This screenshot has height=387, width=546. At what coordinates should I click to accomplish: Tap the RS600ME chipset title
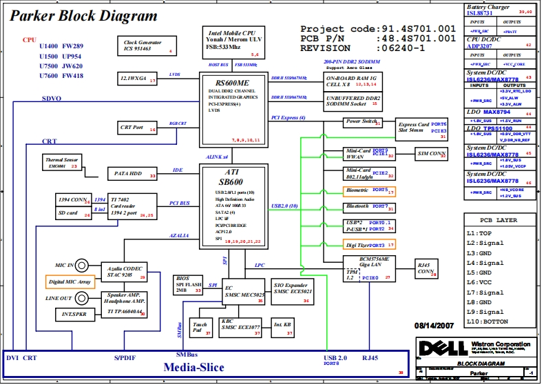tap(231, 82)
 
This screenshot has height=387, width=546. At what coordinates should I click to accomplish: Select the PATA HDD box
tap(134, 174)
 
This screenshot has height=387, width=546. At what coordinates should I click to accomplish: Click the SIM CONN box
tap(432, 154)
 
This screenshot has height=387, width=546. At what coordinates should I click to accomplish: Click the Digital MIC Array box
tap(70, 281)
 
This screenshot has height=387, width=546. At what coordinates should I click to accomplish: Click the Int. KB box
tap(282, 324)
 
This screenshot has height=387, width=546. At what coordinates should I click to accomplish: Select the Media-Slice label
tap(193, 367)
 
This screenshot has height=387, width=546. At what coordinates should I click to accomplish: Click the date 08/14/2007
tap(435, 325)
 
